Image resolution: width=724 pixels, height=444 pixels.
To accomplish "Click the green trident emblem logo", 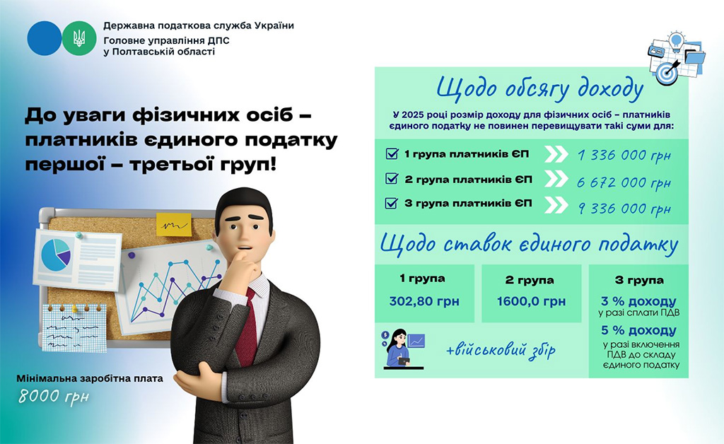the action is pos(79,38).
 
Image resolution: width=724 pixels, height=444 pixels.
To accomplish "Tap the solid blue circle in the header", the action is pos(45,38).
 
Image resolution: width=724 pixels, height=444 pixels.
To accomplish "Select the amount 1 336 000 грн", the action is pos(624,156).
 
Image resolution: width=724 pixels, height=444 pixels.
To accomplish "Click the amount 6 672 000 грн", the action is pos(624,183).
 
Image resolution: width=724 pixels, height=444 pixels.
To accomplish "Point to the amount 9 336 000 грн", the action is pos(624,209).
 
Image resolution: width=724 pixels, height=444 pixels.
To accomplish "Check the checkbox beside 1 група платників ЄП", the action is pos(392,153).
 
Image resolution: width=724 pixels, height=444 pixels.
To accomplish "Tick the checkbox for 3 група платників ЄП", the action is pos(392,203).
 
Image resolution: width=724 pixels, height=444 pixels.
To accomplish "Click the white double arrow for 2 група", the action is pos(556,179).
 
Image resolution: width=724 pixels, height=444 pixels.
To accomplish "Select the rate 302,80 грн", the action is pos(424,301).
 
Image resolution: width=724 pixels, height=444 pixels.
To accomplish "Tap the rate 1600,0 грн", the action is pos(531,301).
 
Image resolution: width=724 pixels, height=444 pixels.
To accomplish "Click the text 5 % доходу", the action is pos(638,330).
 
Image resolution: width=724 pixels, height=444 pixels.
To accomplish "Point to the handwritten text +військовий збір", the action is pos(501,350).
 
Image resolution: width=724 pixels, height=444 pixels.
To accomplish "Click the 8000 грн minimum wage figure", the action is pos(54,397).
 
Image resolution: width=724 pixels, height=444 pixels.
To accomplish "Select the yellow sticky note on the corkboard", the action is pos(174,225).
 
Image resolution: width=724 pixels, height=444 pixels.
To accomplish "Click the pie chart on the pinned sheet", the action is pos(55,255).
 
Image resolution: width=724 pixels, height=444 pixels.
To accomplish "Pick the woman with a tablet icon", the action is pos(402,349).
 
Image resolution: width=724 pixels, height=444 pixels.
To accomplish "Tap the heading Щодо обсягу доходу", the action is pos(539,89).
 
